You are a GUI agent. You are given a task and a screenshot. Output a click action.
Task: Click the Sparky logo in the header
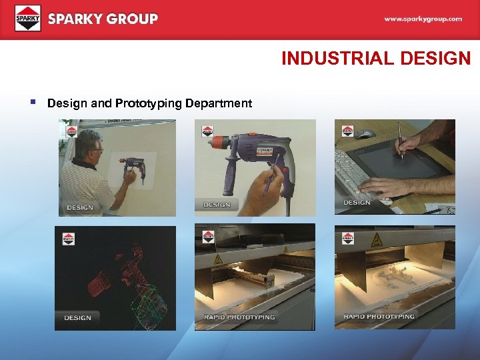tap(27, 19)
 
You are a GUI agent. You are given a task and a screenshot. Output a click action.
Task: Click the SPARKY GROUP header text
tap(103, 19)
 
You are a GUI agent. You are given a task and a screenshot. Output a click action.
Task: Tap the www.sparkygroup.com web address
tap(423, 19)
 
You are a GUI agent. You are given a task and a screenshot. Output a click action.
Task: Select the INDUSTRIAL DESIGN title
tap(375, 59)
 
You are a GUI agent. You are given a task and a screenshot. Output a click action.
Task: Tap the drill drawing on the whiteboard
tap(133, 171)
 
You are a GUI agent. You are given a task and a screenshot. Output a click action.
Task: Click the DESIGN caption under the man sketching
tap(80, 207)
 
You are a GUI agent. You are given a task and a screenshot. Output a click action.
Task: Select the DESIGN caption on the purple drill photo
tap(216, 204)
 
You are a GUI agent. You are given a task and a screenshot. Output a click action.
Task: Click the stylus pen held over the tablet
tap(400, 141)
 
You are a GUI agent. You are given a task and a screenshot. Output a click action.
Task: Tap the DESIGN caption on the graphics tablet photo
tap(357, 202)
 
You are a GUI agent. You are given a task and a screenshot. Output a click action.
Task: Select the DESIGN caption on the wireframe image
tap(77, 317)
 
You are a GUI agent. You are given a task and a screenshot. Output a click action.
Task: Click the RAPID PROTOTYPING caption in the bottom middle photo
tap(239, 317)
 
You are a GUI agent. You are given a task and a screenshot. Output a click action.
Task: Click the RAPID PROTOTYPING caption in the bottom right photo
tap(379, 316)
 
